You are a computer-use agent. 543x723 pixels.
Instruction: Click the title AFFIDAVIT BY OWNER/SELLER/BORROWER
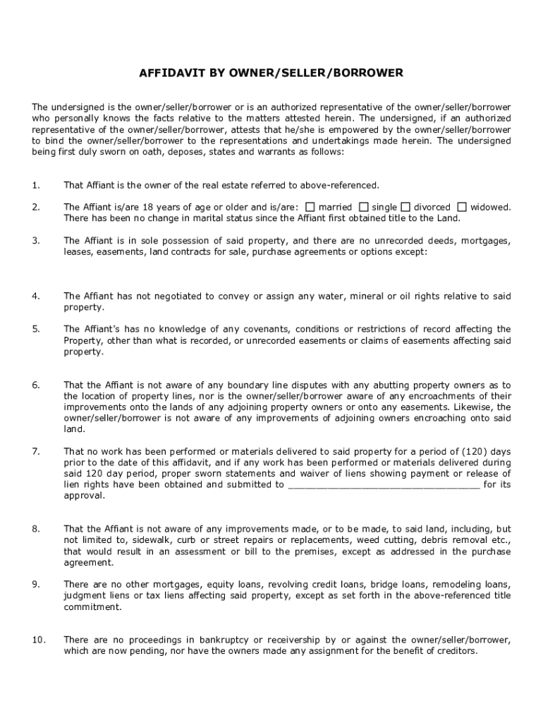[271, 73]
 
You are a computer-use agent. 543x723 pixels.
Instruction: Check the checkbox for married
[310, 207]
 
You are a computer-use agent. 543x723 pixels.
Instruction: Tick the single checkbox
[364, 207]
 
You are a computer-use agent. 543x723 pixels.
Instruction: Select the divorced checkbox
[405, 207]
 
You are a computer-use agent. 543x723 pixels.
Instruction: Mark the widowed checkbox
[462, 207]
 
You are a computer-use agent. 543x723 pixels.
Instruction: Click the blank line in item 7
[385, 485]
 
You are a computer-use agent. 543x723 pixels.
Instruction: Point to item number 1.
[35, 185]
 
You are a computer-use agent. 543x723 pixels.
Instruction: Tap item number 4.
[35, 296]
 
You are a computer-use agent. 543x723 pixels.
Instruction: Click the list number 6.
[35, 385]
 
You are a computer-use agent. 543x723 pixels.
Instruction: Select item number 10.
[38, 640]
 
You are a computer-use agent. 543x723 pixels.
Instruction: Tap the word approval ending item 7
[85, 496]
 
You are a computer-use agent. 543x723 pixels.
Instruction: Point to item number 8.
[35, 529]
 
